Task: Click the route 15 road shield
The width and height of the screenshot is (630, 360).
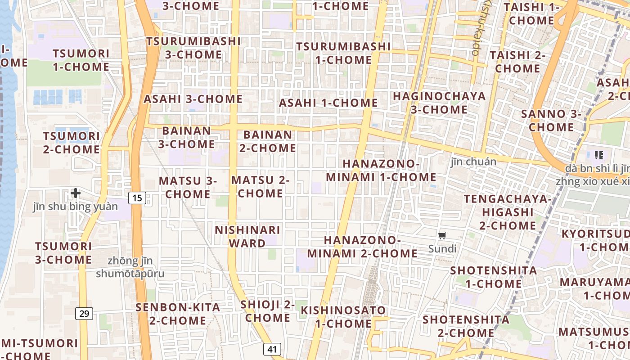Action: [137, 198]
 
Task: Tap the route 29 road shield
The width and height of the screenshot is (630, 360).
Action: [85, 313]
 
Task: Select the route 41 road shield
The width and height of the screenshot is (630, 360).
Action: [272, 349]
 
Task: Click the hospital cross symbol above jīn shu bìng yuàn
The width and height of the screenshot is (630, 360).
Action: [76, 193]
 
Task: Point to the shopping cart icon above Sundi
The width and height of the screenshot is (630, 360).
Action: [442, 235]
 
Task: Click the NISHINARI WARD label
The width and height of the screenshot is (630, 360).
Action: [247, 237]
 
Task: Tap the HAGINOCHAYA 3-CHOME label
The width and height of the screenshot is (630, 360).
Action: [439, 103]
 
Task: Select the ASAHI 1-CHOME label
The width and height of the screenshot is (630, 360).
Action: [328, 103]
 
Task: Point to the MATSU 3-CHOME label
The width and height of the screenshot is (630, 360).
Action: [188, 187]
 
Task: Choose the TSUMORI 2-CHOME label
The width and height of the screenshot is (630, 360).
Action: [72, 143]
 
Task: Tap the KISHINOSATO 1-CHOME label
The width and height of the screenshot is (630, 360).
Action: [343, 317]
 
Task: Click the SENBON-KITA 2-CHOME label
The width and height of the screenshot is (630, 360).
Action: [178, 314]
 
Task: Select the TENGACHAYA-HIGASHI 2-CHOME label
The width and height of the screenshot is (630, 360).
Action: [508, 212]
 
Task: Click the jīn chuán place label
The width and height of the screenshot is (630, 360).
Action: [474, 162]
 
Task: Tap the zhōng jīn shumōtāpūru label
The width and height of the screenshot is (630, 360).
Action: [130, 267]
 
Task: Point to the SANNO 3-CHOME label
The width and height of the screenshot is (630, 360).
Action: [551, 121]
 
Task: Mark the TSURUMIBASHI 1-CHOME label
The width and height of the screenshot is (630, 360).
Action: [343, 53]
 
